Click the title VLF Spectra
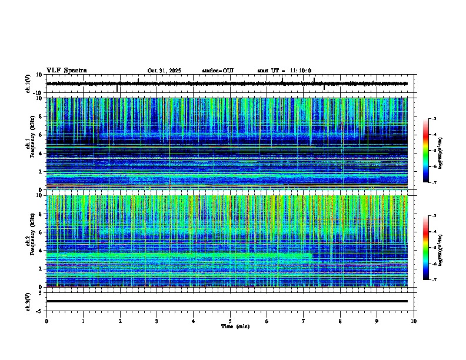pyautogui.click(x=66, y=71)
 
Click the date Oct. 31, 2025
pyautogui.click(x=164, y=71)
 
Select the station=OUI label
pyautogui.click(x=218, y=71)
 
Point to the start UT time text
pyautogui.click(x=284, y=71)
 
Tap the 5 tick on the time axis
pyautogui.click(x=230, y=321)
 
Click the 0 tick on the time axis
pyautogui.click(x=46, y=321)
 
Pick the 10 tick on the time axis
pyautogui.click(x=414, y=321)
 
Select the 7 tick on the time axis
pyautogui.click(x=304, y=321)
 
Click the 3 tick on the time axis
pyautogui.click(x=157, y=321)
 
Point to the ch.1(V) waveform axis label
pyautogui.click(x=28, y=84)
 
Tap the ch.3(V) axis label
pyautogui.click(x=28, y=301)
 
